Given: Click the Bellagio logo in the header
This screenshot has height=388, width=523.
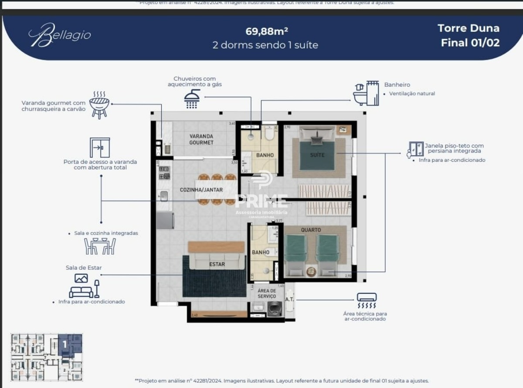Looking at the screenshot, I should click(x=60, y=35).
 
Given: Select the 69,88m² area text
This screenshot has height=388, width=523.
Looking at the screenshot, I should click(x=267, y=31).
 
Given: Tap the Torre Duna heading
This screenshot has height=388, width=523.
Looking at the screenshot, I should click(x=469, y=28).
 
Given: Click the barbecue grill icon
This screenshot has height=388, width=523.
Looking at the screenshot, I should click(x=99, y=105).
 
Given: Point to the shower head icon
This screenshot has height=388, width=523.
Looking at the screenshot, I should click(x=192, y=99).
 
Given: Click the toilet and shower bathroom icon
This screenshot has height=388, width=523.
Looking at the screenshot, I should click(x=366, y=93).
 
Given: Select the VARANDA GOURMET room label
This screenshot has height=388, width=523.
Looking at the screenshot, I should click(x=201, y=140).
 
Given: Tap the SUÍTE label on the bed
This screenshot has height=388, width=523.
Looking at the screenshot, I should click(x=317, y=155).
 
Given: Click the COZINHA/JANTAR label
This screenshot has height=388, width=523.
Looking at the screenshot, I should click(x=201, y=190).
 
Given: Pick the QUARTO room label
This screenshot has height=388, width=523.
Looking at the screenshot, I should click(x=310, y=230).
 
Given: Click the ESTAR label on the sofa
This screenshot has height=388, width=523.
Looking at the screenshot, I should click(x=217, y=264).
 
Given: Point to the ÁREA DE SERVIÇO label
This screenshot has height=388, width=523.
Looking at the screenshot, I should click(x=266, y=293).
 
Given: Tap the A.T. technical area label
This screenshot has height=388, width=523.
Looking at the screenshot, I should click(x=289, y=299).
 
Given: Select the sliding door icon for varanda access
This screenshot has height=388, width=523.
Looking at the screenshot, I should click(x=100, y=148).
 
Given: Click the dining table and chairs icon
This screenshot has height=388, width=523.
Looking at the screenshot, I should click(x=100, y=246).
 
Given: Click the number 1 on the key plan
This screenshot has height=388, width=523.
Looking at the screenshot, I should click(x=65, y=344).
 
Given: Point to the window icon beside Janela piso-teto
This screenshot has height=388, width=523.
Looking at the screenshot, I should click(x=416, y=150).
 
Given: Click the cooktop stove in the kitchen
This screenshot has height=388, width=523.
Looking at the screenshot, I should click(x=164, y=173).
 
